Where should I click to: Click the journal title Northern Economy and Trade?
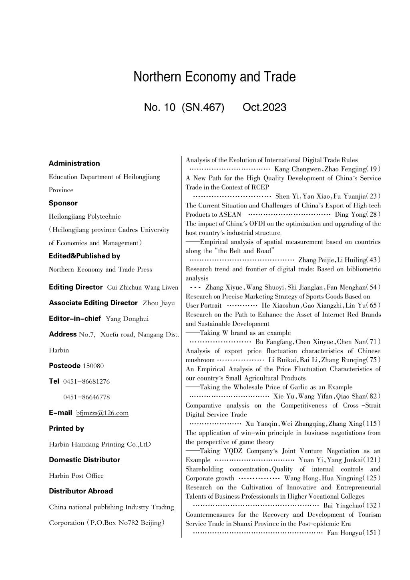tap(215, 77)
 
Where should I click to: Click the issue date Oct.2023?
tap(264, 107)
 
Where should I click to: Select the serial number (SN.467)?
tap(203, 107)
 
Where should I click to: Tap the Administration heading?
tap(74, 163)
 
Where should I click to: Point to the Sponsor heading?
tap(63, 203)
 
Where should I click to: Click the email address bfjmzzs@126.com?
tap(102, 413)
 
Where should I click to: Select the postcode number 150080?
tap(93, 366)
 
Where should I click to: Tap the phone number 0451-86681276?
tap(86, 381)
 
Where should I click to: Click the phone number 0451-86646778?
tap(86, 397)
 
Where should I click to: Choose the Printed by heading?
tap(66, 428)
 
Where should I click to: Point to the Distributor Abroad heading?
tap(80, 491)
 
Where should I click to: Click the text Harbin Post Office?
tap(76, 475)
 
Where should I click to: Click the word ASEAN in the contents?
tap(230, 215)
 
